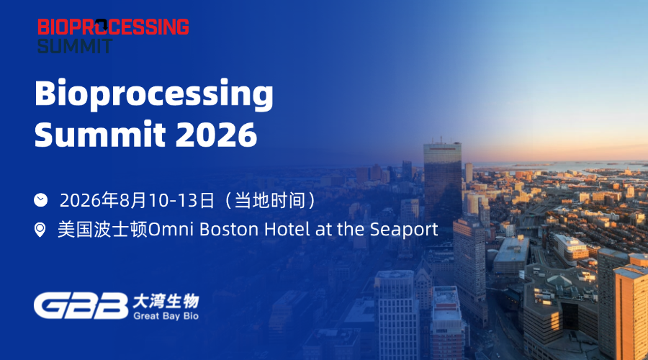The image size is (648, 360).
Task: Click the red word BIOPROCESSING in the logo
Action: click(113, 27)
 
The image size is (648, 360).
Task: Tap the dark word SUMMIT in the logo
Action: click(75, 45)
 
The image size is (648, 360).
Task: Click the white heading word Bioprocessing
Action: click(154, 94)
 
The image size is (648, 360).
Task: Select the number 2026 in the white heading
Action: click(216, 135)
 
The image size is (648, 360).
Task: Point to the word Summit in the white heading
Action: click(100, 135)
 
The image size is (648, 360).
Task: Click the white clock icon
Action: click(40, 199)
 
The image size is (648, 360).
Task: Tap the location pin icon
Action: click(40, 230)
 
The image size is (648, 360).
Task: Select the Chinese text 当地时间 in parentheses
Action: click(270, 200)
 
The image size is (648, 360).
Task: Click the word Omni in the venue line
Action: click(171, 230)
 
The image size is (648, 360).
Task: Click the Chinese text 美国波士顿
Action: click(102, 230)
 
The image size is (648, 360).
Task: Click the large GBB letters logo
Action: click(81, 306)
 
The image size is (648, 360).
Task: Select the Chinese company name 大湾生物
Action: click(166, 302)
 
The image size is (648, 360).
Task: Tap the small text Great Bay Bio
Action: click(166, 316)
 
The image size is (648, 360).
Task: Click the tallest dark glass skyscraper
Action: click(442, 182)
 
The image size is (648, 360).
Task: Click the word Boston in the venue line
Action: click(230, 230)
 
